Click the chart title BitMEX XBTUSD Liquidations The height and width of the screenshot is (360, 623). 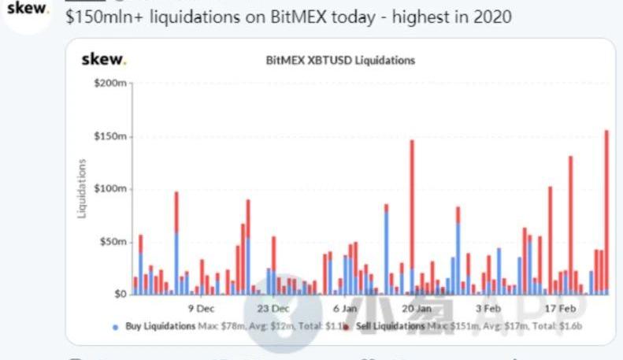(340, 60)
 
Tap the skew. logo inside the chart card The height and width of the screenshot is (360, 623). (103, 59)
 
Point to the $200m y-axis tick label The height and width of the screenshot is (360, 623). (109, 84)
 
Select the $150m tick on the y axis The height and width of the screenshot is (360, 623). (109, 136)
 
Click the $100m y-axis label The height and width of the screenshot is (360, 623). (109, 189)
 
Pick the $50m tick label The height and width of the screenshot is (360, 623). (112, 242)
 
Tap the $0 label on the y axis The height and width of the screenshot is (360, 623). (118, 294)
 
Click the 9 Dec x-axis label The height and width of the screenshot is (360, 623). (200, 308)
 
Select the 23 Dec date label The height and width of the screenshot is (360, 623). (273, 308)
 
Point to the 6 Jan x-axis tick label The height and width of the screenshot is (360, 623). (344, 308)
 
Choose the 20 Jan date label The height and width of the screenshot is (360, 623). (416, 308)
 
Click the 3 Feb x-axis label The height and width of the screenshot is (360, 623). (488, 308)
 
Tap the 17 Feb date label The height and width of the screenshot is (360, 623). (559, 308)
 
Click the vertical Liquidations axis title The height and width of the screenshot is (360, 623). (82, 188)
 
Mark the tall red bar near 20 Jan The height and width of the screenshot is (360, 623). (412, 205)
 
